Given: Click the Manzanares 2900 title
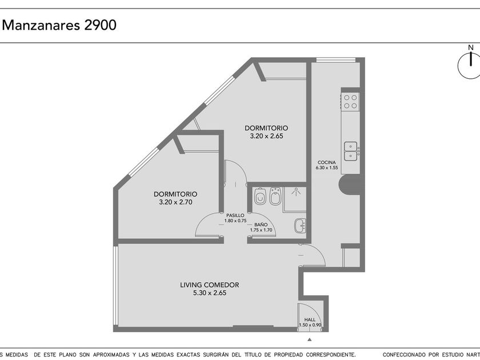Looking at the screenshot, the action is pos(59,25).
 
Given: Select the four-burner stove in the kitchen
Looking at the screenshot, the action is pos(350,102).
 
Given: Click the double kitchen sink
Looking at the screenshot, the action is pos(350,151).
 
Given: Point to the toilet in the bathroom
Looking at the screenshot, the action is pos(260,197).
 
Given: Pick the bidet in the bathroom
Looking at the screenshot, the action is pos(275,196).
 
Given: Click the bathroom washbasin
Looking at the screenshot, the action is pos(300,226).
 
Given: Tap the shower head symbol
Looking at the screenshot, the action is pos(296,191).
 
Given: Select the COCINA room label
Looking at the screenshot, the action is pos(327,162).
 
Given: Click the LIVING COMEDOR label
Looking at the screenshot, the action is pos(209,285).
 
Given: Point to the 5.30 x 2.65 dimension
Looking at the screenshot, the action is pos(210,293).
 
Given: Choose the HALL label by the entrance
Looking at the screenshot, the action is pos(310,319).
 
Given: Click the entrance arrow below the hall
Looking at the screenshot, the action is pos(310,339).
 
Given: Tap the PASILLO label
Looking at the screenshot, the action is pos(235,215).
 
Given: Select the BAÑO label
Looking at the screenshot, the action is pos(261,225).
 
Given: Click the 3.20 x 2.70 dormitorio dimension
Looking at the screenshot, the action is pos(176,202).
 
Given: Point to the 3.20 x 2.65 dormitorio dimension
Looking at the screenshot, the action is pos(267,136).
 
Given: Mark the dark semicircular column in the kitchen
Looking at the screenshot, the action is pos(349,184).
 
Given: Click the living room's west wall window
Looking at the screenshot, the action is pos(115,285).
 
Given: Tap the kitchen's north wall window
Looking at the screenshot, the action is pos(336,59).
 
